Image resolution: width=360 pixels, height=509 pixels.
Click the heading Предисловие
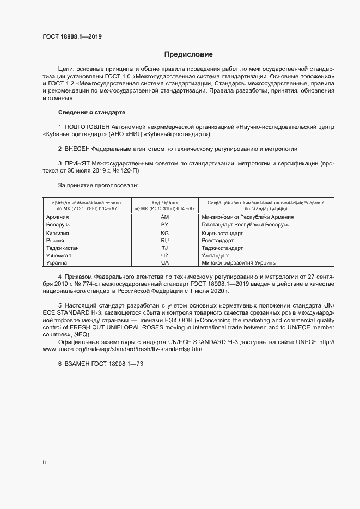(188, 54)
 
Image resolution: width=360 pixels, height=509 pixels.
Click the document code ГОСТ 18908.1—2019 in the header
(72, 37)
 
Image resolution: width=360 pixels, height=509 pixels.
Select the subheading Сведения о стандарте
(91, 112)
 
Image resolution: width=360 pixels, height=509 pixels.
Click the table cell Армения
(58, 217)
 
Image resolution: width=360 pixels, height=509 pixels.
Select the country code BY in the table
(164, 224)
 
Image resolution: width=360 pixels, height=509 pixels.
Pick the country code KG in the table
(164, 233)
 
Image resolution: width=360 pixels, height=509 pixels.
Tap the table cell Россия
(56, 240)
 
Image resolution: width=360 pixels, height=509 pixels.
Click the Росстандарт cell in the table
(217, 240)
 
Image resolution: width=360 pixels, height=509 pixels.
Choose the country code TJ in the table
(164, 248)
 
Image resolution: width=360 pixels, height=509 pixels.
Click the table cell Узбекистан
(60, 255)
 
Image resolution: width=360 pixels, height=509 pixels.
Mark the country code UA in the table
(164, 263)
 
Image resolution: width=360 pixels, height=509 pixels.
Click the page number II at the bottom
(44, 462)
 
